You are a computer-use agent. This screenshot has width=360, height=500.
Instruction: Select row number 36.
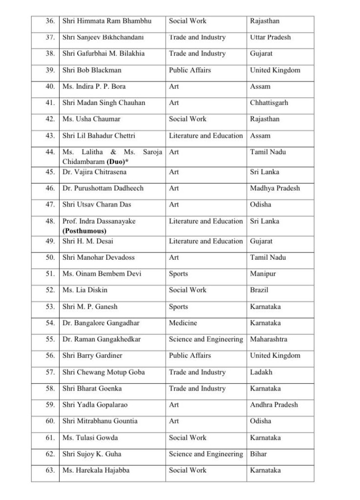49,21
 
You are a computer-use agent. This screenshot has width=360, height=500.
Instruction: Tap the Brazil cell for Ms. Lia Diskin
260,290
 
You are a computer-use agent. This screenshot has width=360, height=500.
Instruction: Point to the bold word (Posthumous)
84,231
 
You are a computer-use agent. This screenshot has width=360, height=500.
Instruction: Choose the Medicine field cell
183,323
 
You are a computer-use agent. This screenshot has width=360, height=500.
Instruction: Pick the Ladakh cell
261,372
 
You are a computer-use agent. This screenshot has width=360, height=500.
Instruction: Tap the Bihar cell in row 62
258,454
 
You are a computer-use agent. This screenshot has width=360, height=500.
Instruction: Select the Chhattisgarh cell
269,103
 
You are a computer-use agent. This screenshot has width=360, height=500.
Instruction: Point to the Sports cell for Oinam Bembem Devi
178,274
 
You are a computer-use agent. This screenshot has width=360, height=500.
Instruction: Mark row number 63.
49,471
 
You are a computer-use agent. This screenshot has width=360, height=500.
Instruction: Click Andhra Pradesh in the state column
274,405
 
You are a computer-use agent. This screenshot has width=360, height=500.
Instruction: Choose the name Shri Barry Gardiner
92,355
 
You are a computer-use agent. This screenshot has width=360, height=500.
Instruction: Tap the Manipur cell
263,274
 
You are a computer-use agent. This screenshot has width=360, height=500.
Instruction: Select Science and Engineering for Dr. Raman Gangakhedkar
205,339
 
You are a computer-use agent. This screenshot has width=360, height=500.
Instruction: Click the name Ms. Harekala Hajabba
96,471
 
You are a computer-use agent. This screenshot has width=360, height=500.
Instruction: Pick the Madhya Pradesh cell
275,188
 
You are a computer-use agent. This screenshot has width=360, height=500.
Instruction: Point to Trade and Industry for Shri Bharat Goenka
197,389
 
